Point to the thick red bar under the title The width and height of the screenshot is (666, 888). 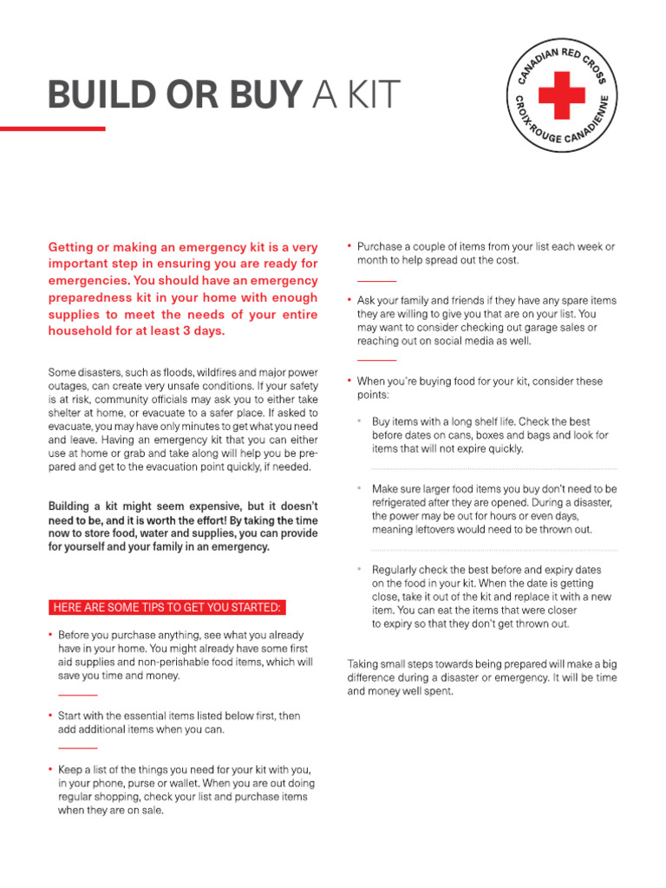pos(52,128)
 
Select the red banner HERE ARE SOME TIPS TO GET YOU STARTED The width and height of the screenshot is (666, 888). pos(166,607)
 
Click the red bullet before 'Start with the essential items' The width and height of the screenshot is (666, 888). pos(51,716)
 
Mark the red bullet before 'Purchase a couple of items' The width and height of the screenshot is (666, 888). pos(349,246)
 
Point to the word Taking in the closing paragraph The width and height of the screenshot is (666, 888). pos(362,663)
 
